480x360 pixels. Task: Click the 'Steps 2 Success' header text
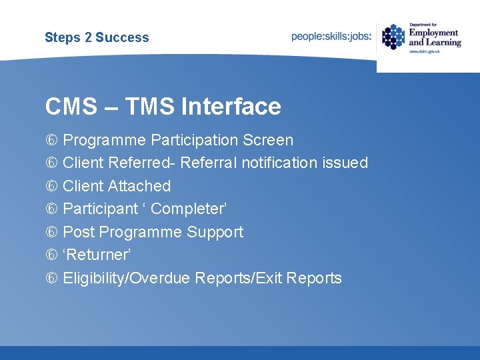point(97,37)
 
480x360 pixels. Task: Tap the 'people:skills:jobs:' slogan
point(331,37)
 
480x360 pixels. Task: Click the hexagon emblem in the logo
point(393,37)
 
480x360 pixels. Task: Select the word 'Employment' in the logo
point(433,33)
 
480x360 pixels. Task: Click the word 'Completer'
point(187,209)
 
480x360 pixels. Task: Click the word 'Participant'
point(99,209)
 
